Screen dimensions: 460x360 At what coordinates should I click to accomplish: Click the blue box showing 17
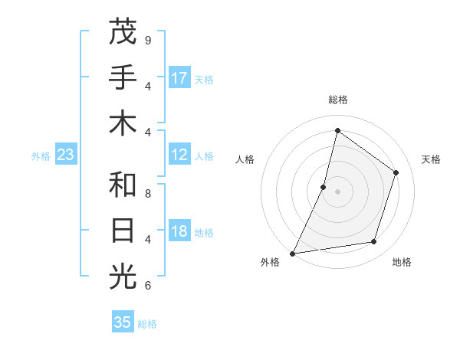pyautogui.click(x=179, y=78)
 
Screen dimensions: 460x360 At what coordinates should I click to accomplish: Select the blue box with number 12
pyautogui.click(x=179, y=155)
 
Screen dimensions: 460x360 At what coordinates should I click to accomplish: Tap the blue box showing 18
pyautogui.click(x=179, y=232)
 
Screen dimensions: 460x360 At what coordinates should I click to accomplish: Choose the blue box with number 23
pyautogui.click(x=65, y=155)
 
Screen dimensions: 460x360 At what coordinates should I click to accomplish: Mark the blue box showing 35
pyautogui.click(x=123, y=322)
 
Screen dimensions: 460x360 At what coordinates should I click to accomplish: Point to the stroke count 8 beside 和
pyautogui.click(x=147, y=194)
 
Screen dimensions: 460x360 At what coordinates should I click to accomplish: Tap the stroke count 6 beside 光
pyautogui.click(x=147, y=286)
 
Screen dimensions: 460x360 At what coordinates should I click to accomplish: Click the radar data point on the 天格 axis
pyautogui.click(x=396, y=172)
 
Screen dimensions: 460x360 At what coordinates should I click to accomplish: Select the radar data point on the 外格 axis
pyautogui.click(x=292, y=253)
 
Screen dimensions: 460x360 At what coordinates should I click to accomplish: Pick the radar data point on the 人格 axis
pyautogui.click(x=324, y=187)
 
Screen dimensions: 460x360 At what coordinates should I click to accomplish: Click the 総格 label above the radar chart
pyautogui.click(x=337, y=100)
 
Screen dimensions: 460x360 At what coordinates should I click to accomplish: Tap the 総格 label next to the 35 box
pyautogui.click(x=147, y=324)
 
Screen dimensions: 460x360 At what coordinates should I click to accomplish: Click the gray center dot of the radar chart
pyautogui.click(x=337, y=191)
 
